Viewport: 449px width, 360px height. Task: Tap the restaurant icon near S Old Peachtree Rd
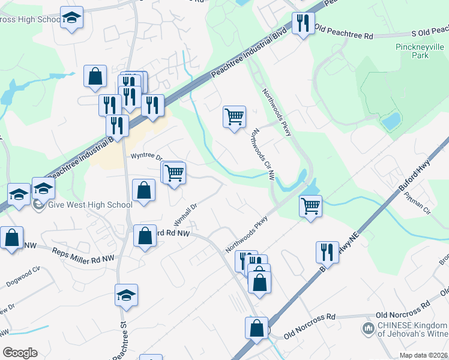[x=303, y=23]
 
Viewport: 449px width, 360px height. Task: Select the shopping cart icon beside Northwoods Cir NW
[x=234, y=116]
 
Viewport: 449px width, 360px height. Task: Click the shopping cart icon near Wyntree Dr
[x=175, y=173]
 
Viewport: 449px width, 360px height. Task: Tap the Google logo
[x=19, y=352]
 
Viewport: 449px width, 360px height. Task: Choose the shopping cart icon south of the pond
[x=310, y=206]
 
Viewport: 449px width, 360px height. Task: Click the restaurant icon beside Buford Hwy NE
[x=327, y=251]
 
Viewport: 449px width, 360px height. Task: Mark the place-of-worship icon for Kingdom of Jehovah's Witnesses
[x=367, y=328]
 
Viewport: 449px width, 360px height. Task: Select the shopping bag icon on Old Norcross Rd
[x=256, y=328]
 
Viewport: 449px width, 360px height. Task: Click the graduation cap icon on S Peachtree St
[x=126, y=295]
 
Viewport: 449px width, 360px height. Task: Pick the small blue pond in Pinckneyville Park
[x=391, y=122]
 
